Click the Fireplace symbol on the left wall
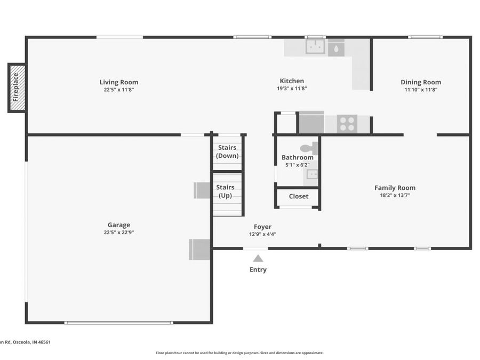click(x=17, y=87)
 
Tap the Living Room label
click(x=118, y=82)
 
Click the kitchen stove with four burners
click(x=347, y=124)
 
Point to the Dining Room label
click(x=421, y=82)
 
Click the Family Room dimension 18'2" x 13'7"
click(x=395, y=195)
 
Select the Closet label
click(x=298, y=196)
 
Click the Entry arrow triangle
click(x=258, y=258)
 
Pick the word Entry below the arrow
click(x=258, y=270)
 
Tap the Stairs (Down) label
click(x=227, y=151)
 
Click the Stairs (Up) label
click(x=225, y=191)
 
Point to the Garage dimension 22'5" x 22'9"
click(x=118, y=233)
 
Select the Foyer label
click(x=262, y=227)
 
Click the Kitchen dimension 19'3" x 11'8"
click(x=292, y=89)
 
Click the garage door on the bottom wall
click(x=118, y=322)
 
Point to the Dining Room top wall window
click(x=425, y=37)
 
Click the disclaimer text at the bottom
click(x=239, y=353)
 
